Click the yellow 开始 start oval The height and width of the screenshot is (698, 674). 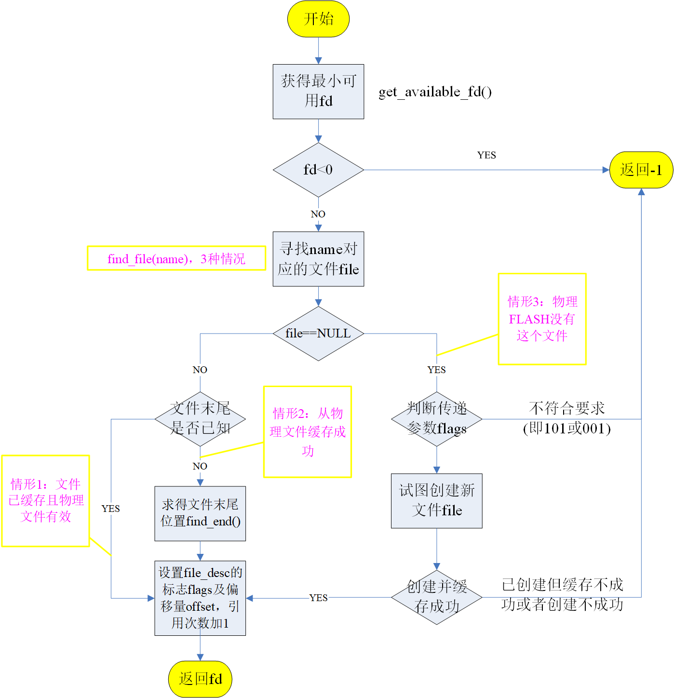(x=318, y=19)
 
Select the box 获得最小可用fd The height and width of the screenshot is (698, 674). (x=318, y=91)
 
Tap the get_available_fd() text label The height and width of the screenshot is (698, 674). (x=435, y=92)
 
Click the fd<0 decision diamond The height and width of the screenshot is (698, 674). (x=318, y=170)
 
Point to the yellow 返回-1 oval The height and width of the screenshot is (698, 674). (x=641, y=170)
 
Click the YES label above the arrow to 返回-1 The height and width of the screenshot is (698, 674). (x=486, y=155)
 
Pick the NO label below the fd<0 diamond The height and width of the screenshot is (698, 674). (x=318, y=214)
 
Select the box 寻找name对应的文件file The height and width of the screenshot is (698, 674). (x=318, y=259)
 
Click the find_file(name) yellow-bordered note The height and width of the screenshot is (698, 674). (x=176, y=258)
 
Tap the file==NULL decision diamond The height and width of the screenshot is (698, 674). (x=318, y=334)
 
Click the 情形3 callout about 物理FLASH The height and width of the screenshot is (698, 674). (x=542, y=319)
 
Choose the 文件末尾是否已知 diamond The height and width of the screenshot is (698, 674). (x=200, y=419)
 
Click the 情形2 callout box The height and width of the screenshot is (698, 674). (x=308, y=431)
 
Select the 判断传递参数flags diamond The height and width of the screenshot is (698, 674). (x=437, y=419)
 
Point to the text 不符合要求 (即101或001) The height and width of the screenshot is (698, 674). (x=566, y=418)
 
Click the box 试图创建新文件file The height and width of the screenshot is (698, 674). (x=437, y=501)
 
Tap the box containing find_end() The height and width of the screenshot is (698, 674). (x=200, y=513)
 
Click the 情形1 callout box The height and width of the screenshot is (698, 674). (x=46, y=500)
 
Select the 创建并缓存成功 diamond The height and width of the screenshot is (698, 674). (x=437, y=597)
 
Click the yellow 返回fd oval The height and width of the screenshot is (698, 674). (x=200, y=679)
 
